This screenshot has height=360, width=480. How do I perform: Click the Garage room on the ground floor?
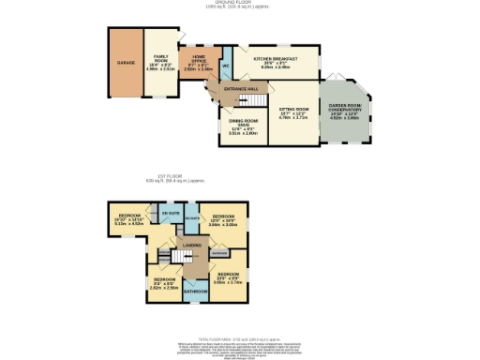pyautogui.click(x=125, y=64)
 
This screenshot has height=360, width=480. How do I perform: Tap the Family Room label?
pyautogui.click(x=161, y=62)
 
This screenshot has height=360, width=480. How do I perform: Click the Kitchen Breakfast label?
pyautogui.click(x=277, y=60)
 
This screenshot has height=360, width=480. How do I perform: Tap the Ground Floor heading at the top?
pyautogui.click(x=240, y=3)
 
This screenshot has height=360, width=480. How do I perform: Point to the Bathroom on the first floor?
pyautogui.click(x=195, y=291)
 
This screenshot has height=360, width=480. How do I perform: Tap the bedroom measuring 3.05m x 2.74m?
pyautogui.click(x=230, y=277)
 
